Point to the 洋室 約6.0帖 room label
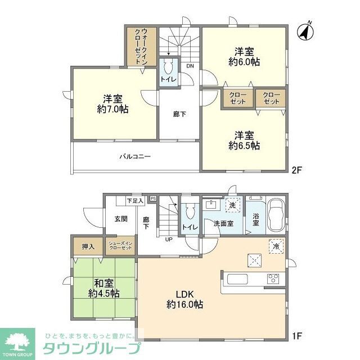244,56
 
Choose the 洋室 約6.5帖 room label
244,139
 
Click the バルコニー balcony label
134,157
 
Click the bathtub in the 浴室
275,215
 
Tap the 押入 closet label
88,246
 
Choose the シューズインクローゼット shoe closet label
120,246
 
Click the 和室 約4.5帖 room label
103,288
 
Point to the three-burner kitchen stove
273,278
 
